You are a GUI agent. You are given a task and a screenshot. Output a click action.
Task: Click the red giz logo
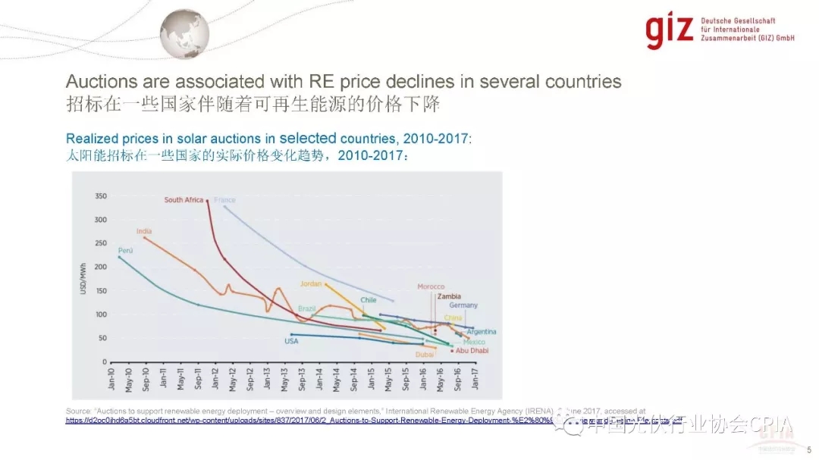click(x=670, y=28)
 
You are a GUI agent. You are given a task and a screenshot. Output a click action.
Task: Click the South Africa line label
click(x=184, y=200)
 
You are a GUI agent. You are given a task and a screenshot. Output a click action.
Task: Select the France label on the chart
click(x=224, y=200)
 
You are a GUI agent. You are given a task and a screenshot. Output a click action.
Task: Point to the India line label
click(x=144, y=230)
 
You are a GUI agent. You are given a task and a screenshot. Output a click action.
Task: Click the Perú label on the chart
click(x=125, y=250)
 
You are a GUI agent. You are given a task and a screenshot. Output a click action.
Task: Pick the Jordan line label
click(x=311, y=283)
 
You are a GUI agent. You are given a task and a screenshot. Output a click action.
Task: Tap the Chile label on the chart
click(x=369, y=300)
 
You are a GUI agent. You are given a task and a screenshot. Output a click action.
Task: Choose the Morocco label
click(x=431, y=286)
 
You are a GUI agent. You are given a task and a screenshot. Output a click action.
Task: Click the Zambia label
click(x=449, y=296)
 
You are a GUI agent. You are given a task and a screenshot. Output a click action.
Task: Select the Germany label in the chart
click(x=463, y=305)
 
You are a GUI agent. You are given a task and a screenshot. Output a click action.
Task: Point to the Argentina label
click(x=482, y=332)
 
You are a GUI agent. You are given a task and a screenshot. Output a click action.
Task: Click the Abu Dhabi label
click(x=472, y=350)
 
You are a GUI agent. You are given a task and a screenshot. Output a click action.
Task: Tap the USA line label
click(x=291, y=341)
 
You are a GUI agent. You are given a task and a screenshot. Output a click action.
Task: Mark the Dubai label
click(x=425, y=354)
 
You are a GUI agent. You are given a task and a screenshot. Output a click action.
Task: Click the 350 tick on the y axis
click(x=100, y=196)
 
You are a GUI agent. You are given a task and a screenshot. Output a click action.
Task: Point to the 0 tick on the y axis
click(x=104, y=361)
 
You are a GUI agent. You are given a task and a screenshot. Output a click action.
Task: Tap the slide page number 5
click(x=808, y=448)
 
